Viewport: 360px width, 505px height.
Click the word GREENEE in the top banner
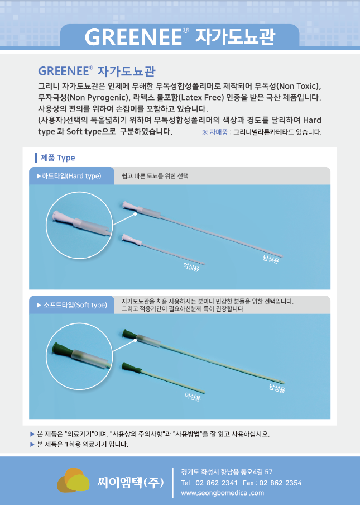coord(133,37)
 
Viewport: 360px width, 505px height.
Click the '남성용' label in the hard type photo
coord(271,259)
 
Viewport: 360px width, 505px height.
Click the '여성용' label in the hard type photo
coord(191,267)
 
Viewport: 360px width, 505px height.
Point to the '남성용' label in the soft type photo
coord(277,388)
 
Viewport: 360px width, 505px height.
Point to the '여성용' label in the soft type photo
coord(193,397)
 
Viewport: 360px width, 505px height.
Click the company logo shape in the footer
coord(73,480)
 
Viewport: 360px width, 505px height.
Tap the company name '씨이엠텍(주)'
coord(130,483)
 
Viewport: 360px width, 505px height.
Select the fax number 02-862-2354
coord(280,483)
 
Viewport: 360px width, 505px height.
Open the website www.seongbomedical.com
coord(223,493)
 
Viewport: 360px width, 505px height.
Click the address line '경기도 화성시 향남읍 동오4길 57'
coord(227,472)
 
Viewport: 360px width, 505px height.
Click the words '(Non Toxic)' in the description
coord(298,86)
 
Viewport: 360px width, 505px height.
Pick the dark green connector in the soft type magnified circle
coord(62,349)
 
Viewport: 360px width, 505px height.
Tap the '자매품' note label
coord(218,132)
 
